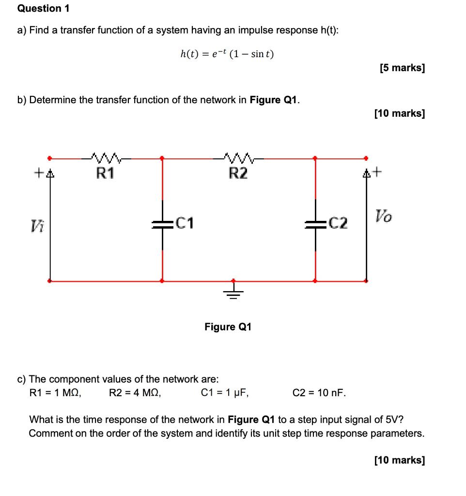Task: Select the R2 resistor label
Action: [238, 172]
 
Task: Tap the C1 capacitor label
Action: [185, 223]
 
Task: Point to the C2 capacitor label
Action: [338, 223]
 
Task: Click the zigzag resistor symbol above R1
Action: [105, 157]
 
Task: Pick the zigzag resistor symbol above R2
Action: [238, 157]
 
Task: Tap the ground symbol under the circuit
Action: [233, 292]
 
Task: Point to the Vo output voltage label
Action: [384, 216]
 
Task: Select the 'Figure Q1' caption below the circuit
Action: [228, 327]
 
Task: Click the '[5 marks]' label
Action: [402, 68]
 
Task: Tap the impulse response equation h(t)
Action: [227, 54]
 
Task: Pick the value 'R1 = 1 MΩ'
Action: [55, 392]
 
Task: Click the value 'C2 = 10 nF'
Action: [319, 392]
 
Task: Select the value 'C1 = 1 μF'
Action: [225, 392]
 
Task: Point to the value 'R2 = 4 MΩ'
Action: [135, 392]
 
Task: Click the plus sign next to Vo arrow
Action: [378, 171]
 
